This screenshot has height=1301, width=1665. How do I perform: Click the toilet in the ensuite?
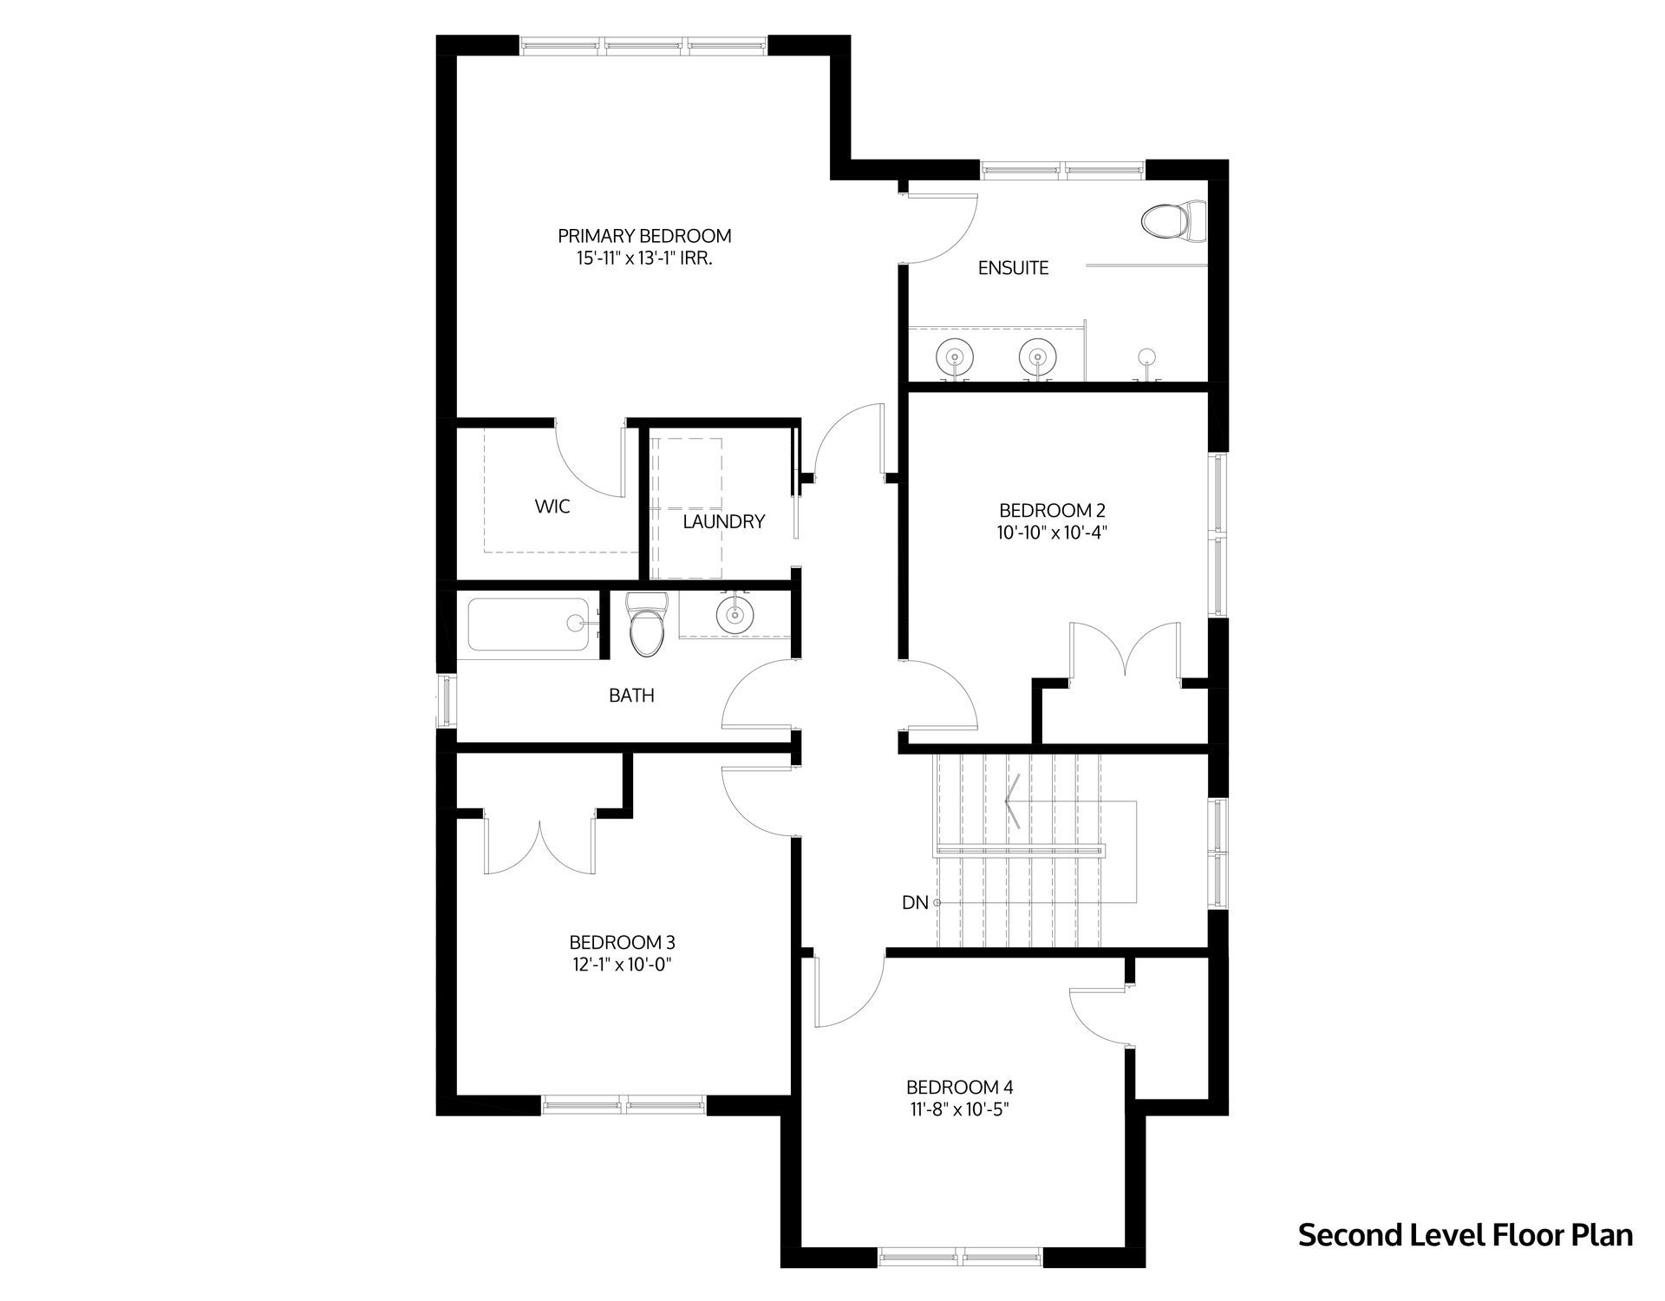point(1174,221)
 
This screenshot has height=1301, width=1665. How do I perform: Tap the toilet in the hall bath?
point(645,624)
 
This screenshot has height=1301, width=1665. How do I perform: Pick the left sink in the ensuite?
point(953,357)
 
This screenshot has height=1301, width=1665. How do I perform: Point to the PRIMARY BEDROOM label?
point(644,236)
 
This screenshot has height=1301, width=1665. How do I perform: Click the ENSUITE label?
point(1013,268)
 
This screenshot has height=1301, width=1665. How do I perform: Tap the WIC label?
point(552,507)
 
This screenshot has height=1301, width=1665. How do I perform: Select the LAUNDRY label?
point(723,522)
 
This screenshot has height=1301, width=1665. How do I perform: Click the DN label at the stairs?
point(915,903)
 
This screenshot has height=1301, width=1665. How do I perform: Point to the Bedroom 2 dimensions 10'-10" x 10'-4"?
point(1052,533)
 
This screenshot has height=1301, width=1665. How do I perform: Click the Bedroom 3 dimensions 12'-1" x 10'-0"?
point(622,964)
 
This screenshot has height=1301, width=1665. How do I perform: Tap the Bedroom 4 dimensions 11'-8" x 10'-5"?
point(959,1109)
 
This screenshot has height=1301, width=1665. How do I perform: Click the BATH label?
point(631,696)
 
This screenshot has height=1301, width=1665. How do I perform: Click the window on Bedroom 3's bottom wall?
point(624,1104)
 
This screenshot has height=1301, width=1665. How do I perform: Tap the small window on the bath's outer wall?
point(446,702)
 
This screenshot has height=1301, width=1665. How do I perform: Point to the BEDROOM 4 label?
point(959,1088)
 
